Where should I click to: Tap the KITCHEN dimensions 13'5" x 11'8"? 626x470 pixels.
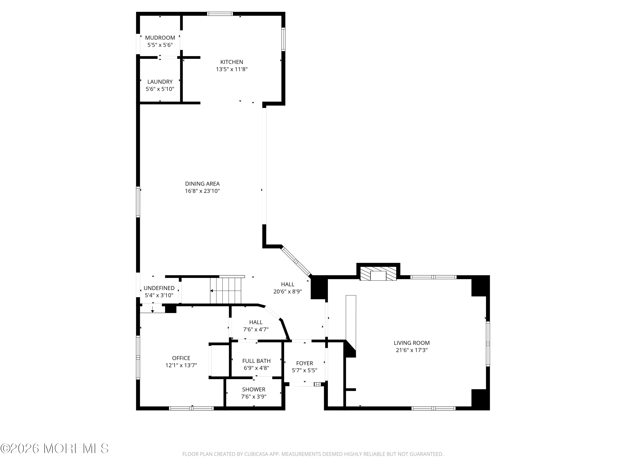232,69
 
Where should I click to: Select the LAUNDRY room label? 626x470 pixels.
160,82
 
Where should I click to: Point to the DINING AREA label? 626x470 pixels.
202,184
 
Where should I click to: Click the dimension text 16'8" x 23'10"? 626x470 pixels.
202,191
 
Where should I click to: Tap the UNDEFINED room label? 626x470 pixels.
159,288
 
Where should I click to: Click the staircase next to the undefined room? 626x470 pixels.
226,290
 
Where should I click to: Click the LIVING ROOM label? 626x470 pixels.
411,343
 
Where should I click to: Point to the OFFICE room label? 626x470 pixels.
181,358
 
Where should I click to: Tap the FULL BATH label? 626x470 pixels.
256,361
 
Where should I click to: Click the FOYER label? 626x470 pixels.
304,363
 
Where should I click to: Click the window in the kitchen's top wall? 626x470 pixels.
220,14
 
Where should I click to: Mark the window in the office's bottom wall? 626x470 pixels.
191,408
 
